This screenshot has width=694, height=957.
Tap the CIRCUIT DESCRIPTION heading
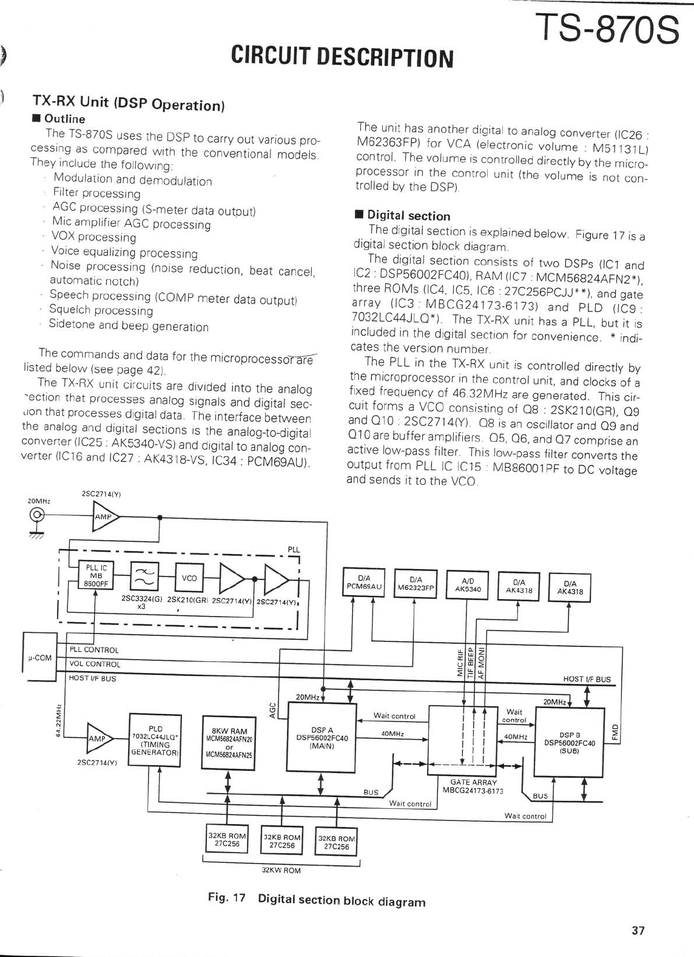342,57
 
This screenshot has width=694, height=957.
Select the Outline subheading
64,119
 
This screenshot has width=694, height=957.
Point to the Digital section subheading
408,215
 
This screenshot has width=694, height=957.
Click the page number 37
638,930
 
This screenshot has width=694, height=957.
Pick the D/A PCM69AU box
364,583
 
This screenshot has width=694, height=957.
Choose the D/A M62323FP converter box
416,583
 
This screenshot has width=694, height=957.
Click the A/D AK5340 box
467,584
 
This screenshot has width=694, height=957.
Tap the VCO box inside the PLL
189,578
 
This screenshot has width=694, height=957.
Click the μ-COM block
39,657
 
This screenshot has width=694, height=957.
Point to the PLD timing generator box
155,740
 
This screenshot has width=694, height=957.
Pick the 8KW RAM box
229,743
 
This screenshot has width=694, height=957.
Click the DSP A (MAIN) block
321,738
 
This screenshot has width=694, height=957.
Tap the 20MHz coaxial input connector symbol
37,516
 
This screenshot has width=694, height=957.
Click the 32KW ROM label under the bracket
281,870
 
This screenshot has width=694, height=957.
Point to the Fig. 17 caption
316,900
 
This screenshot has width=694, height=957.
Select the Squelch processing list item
101,310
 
